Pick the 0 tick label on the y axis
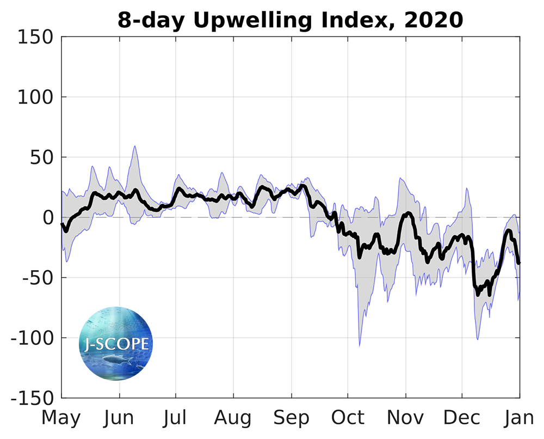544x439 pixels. coord(48,218)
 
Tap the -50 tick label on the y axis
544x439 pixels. coord(38,278)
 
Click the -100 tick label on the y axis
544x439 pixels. coord(32,338)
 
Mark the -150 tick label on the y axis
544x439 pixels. coord(32,398)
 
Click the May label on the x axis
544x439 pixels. coord(61,418)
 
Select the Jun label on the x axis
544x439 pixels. coord(119,418)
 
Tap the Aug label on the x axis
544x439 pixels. coord(233,418)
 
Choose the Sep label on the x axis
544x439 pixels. coord(291,418)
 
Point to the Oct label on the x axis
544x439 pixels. coord(348,418)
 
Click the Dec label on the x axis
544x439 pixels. coord(462,418)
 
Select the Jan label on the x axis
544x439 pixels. coord(519,418)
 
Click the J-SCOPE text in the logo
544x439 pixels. coord(116,344)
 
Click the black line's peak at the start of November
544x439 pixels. coord(407,213)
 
